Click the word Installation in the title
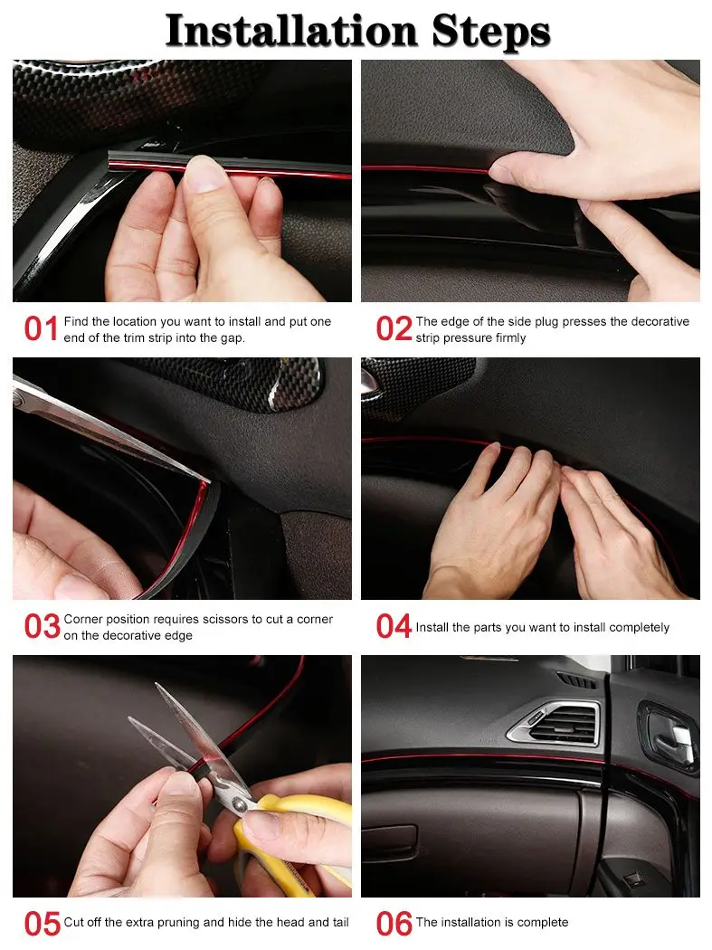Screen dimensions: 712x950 pos(291,30)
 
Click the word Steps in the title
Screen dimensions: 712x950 pos(491,32)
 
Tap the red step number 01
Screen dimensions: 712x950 pos(42,329)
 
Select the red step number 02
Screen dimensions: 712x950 pos(394,329)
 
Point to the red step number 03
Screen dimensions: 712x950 pos(42,626)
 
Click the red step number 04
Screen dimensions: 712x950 pos(394,626)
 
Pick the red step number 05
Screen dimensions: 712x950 pos(42,924)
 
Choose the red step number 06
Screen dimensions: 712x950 pos(394,924)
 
